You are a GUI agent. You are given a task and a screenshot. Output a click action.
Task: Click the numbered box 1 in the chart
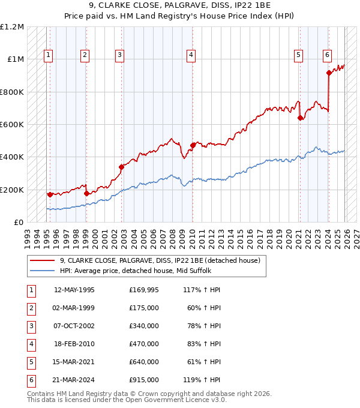pyautogui.click(x=48, y=55)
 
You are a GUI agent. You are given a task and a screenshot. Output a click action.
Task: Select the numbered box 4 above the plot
pyautogui.click(x=190, y=55)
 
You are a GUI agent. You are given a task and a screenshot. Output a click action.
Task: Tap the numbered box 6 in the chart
pyautogui.click(x=328, y=55)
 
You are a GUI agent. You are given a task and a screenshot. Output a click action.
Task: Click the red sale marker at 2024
pyautogui.click(x=329, y=73)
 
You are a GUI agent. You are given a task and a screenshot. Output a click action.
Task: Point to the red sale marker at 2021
pyautogui.click(x=299, y=118)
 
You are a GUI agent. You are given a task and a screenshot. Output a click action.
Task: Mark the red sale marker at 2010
pyautogui.click(x=193, y=145)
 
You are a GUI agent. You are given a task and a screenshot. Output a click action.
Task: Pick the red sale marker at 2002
pyautogui.click(x=121, y=167)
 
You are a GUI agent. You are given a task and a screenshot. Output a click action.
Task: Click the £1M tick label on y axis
pyautogui.click(x=16, y=59)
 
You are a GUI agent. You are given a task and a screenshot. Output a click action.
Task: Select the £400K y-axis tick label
pyautogui.click(x=13, y=157)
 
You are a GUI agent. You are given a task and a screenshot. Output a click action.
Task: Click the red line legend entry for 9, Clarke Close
pyautogui.click(x=160, y=261)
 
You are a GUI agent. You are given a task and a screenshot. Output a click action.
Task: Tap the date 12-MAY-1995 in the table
pyautogui.click(x=74, y=290)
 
